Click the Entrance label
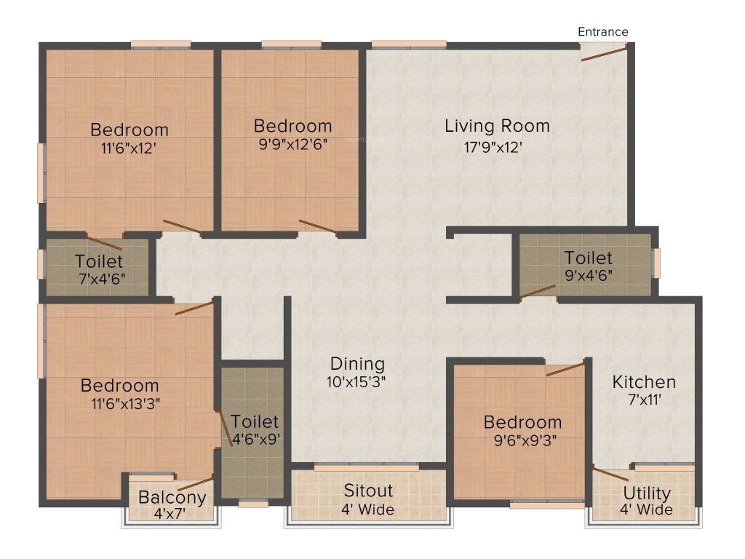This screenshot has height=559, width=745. click(603, 32)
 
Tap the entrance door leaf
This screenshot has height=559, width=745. click(605, 52)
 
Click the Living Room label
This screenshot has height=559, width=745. click(497, 126)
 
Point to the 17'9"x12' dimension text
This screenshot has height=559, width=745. click(493, 147)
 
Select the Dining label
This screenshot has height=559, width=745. click(357, 364)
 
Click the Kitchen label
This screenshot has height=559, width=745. click(644, 381)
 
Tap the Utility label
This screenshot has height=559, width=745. click(647, 493)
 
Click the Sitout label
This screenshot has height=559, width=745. click(368, 491)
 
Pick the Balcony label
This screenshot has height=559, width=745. click(172, 498)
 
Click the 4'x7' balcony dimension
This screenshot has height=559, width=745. click(170, 514)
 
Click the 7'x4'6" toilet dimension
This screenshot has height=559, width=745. click(102, 279)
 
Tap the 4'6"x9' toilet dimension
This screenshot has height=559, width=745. click(256, 439)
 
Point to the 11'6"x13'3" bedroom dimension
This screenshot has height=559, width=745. click(126, 404)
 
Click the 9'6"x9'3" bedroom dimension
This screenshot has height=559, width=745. click(525, 440)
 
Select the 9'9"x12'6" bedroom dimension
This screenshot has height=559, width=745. click(293, 144)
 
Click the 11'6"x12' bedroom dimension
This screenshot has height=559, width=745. click(129, 148)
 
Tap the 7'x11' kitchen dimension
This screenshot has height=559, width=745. click(645, 400)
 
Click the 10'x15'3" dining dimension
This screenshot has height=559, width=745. click(356, 381)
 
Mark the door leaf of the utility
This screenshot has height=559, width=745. click(611, 475)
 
